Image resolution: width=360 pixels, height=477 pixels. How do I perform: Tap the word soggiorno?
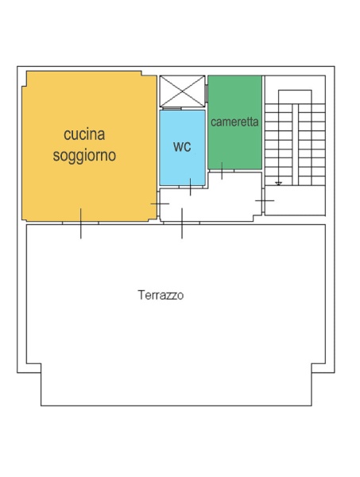(84, 156)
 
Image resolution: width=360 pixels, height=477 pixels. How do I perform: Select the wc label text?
(182, 147)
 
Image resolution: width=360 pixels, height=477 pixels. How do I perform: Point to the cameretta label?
(234, 122)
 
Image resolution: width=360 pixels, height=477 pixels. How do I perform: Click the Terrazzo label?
(161, 295)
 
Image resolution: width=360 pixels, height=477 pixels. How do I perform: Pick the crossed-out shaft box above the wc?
(182, 91)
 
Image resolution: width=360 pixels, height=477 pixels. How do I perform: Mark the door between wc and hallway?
(191, 188)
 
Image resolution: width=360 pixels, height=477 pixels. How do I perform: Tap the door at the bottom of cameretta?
(222, 170)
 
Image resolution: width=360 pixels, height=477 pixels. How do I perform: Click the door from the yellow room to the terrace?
(80, 223)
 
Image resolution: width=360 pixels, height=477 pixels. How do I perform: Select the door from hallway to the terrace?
(182, 223)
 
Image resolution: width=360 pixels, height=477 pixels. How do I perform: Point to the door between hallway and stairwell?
(264, 200)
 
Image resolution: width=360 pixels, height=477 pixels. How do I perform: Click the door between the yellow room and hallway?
(160, 204)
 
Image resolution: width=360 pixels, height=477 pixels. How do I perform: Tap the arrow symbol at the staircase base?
(278, 184)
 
